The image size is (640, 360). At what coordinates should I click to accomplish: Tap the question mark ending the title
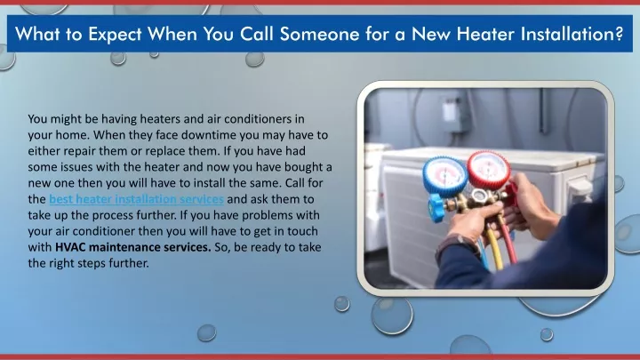tap(619, 34)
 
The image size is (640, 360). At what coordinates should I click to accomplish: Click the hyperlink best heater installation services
tap(136, 199)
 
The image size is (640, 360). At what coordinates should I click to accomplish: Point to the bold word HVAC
tap(70, 247)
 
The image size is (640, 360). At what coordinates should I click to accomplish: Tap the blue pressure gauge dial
tap(444, 176)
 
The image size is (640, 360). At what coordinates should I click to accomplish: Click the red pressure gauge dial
tap(489, 170)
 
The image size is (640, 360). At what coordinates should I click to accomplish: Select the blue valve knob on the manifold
tap(436, 207)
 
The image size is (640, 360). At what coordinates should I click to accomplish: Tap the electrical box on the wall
tap(455, 115)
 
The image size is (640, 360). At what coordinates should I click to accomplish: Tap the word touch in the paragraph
tap(302, 231)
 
